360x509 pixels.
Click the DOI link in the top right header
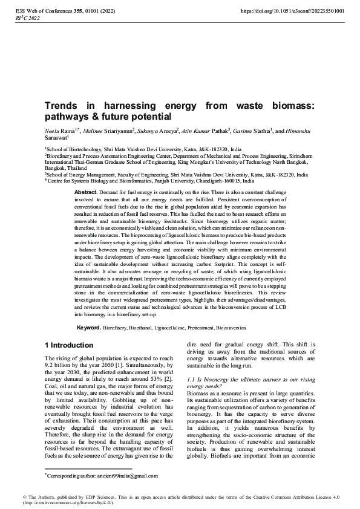click(292, 11)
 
